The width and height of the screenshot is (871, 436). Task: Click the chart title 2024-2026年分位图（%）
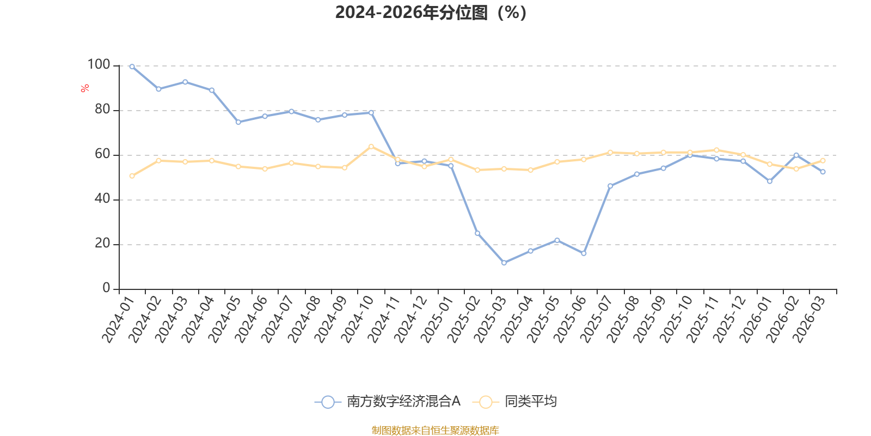tap(431, 13)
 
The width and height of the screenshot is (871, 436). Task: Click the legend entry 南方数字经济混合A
tap(387, 401)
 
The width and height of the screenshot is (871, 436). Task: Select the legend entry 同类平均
tap(514, 401)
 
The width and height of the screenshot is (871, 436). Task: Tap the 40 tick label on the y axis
tap(102, 198)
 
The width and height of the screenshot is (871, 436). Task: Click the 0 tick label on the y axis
tap(106, 288)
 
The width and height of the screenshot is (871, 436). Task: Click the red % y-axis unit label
tap(85, 88)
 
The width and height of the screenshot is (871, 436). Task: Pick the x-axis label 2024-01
tap(118, 319)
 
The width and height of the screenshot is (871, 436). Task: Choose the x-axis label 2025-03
tap(490, 319)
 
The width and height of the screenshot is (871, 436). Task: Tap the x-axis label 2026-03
tap(809, 319)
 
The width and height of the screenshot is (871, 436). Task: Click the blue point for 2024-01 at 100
tap(132, 67)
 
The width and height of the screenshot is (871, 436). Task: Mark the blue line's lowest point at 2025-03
tap(504, 263)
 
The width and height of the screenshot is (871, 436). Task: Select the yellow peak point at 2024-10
tap(371, 147)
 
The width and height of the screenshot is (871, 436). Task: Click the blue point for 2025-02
tap(477, 234)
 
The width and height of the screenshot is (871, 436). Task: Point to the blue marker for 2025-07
tap(610, 186)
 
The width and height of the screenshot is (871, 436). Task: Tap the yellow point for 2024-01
tap(132, 176)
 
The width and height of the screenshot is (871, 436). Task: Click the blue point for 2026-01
tap(770, 181)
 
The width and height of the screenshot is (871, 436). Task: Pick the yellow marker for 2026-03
tap(823, 161)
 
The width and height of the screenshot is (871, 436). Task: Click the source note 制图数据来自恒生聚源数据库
tap(435, 430)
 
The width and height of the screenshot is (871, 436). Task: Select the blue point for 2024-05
tap(238, 122)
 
